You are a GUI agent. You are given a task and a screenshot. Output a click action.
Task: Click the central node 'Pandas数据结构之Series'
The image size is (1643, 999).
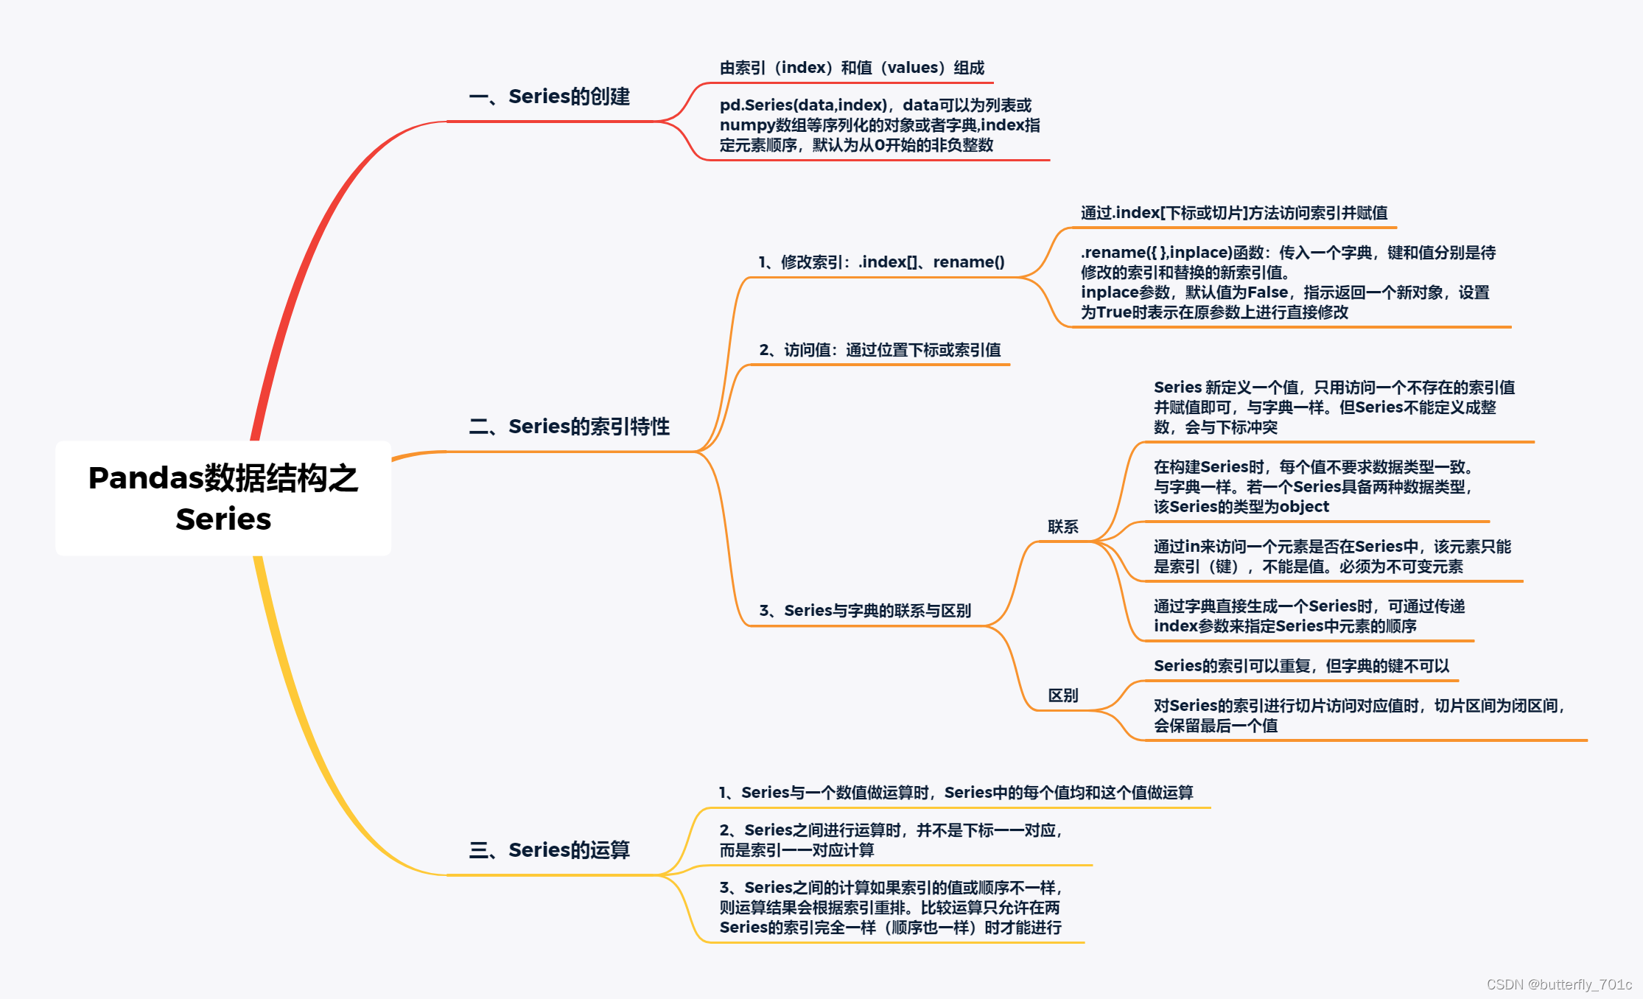tap(223, 498)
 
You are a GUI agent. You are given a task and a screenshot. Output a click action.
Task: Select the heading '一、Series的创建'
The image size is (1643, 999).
tap(549, 97)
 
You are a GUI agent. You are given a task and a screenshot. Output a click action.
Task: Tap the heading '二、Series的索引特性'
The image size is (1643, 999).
tap(569, 427)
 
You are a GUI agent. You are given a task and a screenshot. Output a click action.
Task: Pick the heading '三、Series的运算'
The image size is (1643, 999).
tap(549, 850)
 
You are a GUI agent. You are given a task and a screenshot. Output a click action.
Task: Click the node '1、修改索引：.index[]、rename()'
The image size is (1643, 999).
tap(881, 262)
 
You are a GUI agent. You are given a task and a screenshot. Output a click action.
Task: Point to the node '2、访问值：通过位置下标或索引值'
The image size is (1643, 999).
tap(880, 350)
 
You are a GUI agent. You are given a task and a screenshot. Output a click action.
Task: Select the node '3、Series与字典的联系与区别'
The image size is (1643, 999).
tap(865, 611)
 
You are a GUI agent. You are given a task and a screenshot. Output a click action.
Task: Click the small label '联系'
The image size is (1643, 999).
tap(1062, 527)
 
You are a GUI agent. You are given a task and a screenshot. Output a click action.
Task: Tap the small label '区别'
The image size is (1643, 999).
tap(1062, 695)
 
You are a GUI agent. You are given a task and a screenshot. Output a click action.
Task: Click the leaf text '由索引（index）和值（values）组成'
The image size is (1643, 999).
tap(852, 68)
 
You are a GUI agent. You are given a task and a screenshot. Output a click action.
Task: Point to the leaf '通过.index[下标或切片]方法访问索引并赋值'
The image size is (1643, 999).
tap(1233, 213)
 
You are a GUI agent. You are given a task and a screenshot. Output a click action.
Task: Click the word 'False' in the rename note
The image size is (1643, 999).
tap(1267, 292)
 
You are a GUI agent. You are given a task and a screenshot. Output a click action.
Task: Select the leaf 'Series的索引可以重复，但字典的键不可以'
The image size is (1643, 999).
tap(1301, 666)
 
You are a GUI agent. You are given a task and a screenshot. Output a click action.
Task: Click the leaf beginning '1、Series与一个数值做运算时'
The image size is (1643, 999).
tap(956, 793)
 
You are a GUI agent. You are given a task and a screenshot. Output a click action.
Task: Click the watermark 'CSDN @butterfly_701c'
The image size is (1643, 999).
tap(1559, 984)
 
